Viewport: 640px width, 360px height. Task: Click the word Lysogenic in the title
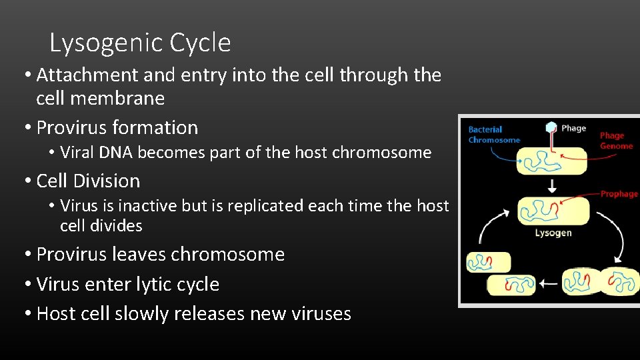point(107,43)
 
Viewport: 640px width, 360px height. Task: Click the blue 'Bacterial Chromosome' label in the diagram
point(494,135)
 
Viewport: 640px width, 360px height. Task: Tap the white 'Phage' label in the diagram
point(573,128)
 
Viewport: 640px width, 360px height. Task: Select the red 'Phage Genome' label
point(616,141)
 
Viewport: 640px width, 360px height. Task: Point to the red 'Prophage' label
point(619,194)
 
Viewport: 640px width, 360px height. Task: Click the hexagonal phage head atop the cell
point(551,127)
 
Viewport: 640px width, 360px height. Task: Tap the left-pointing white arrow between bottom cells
point(549,283)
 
